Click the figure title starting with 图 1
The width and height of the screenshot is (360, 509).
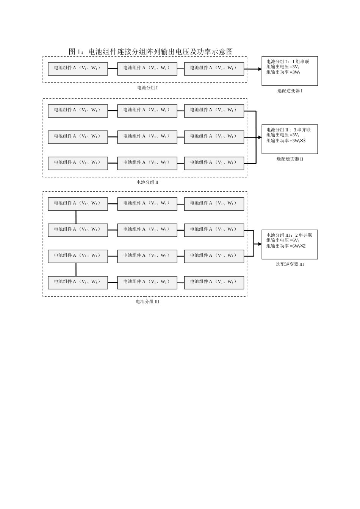click(151, 52)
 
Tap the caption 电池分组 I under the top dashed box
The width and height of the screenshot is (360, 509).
click(147, 88)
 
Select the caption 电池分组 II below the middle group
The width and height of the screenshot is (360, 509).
click(147, 182)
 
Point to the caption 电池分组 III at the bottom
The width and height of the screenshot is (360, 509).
click(147, 302)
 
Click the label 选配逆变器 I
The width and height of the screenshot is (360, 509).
click(290, 91)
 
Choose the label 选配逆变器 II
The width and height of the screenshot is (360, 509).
click(290, 159)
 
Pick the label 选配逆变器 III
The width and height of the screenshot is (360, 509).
click(290, 264)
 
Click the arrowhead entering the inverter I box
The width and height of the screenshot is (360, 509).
click(260, 69)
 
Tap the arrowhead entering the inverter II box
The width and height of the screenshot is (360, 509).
click(260, 137)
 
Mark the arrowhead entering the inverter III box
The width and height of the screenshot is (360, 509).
click(260, 244)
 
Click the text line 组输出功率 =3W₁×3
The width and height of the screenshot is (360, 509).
click(286, 141)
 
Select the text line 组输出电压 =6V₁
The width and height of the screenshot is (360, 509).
click(283, 240)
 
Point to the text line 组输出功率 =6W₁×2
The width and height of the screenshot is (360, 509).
click(286, 246)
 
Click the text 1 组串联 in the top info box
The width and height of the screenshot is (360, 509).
click(301, 62)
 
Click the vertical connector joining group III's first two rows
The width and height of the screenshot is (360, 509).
click(76, 217)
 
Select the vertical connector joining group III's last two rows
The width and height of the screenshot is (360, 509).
click(76, 270)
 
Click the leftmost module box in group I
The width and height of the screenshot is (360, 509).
click(78, 69)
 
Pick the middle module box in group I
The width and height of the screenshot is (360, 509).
click(147, 69)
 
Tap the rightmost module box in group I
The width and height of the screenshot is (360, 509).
click(214, 69)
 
